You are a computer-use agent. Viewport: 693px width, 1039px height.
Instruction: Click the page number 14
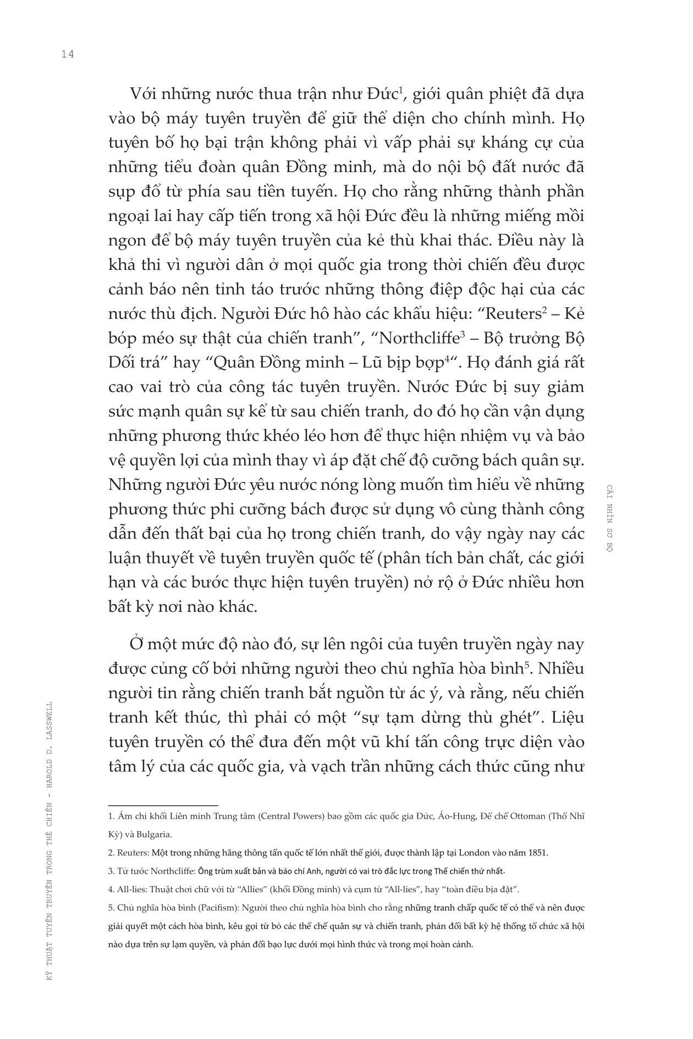pyautogui.click(x=68, y=54)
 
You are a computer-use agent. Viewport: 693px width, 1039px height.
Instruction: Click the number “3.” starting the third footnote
pyautogui.click(x=111, y=871)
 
